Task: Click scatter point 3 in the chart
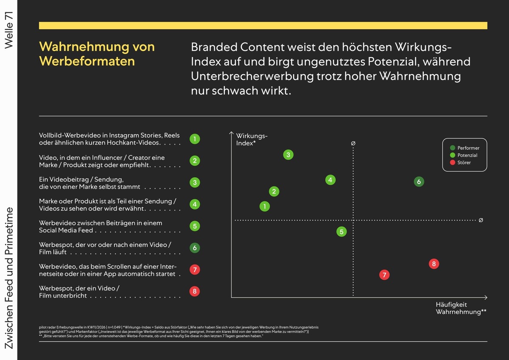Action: click(x=288, y=155)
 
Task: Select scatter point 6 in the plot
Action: click(x=419, y=182)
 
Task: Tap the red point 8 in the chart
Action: click(x=433, y=264)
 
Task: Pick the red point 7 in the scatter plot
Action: click(x=384, y=275)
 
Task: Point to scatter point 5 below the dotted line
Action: click(x=341, y=232)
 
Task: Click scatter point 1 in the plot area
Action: click(x=265, y=207)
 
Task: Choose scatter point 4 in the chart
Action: click(x=330, y=180)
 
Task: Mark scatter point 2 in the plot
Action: click(x=274, y=192)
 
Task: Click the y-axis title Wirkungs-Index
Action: click(x=252, y=140)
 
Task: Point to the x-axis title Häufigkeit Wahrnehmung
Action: click(x=461, y=308)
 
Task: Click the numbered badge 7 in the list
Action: click(x=195, y=269)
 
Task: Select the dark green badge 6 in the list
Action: click(x=195, y=248)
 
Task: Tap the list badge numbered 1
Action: click(x=195, y=139)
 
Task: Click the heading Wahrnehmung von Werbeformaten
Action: click(x=97, y=53)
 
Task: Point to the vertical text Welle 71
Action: click(x=9, y=31)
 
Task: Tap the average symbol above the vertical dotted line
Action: click(x=353, y=143)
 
